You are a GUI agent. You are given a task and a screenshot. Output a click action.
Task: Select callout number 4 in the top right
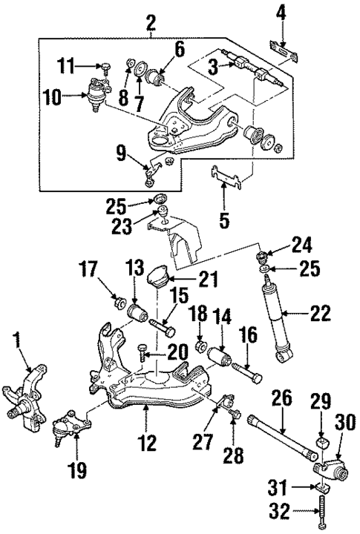point(281,13)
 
